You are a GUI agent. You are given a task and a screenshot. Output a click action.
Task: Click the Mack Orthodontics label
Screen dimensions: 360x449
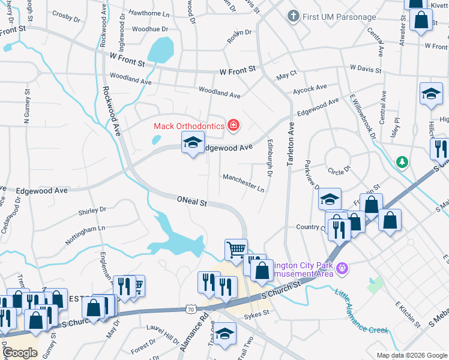tap(188, 125)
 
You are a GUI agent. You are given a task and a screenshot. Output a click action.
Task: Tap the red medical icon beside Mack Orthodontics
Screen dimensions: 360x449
tap(234, 125)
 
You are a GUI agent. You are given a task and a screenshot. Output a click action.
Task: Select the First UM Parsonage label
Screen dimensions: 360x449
tap(339, 17)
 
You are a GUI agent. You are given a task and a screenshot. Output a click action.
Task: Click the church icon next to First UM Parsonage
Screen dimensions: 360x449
tap(294, 16)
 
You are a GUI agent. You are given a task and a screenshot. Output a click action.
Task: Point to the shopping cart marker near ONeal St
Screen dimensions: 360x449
tap(236, 248)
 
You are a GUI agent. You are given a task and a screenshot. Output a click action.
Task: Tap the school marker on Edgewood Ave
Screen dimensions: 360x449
tap(193, 143)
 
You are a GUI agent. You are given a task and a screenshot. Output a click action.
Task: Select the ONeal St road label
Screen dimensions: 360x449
tap(192, 202)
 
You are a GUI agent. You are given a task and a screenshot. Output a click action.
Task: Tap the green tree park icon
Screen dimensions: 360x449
tap(402, 162)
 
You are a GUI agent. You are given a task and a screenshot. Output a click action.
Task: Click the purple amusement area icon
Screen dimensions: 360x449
tap(342, 267)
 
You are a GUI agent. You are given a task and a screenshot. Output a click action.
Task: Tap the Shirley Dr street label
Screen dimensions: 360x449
tap(92, 210)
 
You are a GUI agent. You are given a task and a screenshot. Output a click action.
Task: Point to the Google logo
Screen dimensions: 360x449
tap(20, 353)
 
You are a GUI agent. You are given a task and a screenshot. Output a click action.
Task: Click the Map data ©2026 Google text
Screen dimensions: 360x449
tap(411, 355)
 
